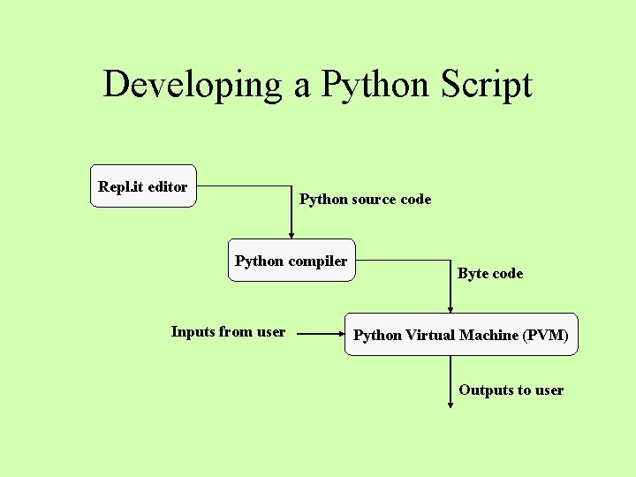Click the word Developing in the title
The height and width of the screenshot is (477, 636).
(190, 85)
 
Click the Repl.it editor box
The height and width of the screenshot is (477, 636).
(143, 186)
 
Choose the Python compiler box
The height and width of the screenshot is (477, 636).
(291, 261)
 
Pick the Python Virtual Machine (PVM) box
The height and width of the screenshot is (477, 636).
(460, 335)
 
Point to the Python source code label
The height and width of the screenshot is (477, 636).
(365, 200)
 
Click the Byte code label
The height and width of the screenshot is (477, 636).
(490, 274)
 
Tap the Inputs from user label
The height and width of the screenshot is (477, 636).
(228, 332)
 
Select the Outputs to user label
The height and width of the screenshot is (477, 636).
(511, 390)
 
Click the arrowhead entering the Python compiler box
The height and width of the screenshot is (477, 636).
(291, 234)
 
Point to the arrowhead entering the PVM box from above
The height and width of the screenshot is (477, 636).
(450, 308)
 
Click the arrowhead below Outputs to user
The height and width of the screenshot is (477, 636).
(450, 405)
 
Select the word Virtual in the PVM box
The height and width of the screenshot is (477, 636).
(431, 336)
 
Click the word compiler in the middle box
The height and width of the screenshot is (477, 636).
(318, 261)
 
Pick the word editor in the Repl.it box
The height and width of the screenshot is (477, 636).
(168, 187)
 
